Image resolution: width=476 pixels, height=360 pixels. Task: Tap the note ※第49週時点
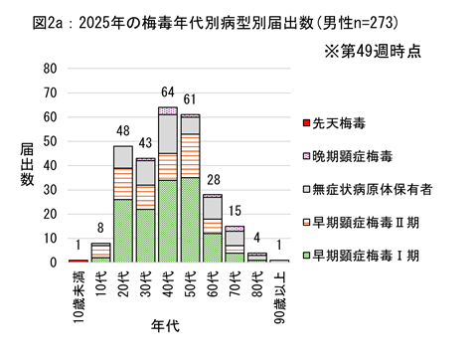click(x=381, y=49)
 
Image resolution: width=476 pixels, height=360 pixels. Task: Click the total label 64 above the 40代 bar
click(x=167, y=95)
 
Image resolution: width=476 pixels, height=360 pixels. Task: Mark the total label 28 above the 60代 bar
click(x=212, y=182)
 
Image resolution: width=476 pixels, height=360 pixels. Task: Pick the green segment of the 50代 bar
click(x=190, y=220)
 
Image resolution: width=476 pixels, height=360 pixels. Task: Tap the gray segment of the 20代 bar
click(x=122, y=157)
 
